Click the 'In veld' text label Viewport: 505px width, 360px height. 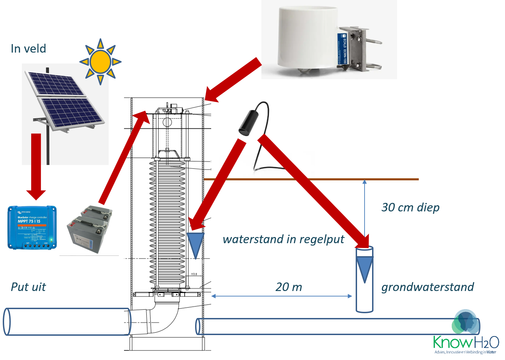pyautogui.click(x=28, y=49)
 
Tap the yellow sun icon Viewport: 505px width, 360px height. pyautogui.click(x=100, y=62)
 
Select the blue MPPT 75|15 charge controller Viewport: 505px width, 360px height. pyautogui.click(x=32, y=227)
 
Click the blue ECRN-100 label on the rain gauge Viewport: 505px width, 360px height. pyautogui.click(x=342, y=49)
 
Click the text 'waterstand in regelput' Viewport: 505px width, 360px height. pyautogui.click(x=283, y=239)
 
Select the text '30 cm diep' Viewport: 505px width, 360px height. pyautogui.click(x=410, y=207)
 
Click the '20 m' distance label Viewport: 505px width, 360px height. pyautogui.click(x=289, y=287)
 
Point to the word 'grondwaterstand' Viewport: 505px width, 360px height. pyautogui.click(x=427, y=287)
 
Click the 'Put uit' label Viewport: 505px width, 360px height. pyautogui.click(x=28, y=287)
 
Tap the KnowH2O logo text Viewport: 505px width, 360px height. pyautogui.click(x=465, y=342)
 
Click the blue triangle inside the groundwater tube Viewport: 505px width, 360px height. pyautogui.click(x=365, y=268)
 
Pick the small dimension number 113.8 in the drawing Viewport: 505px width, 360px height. pyautogui.click(x=194, y=274)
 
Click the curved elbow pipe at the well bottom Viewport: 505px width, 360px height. pyautogui.click(x=164, y=318)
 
